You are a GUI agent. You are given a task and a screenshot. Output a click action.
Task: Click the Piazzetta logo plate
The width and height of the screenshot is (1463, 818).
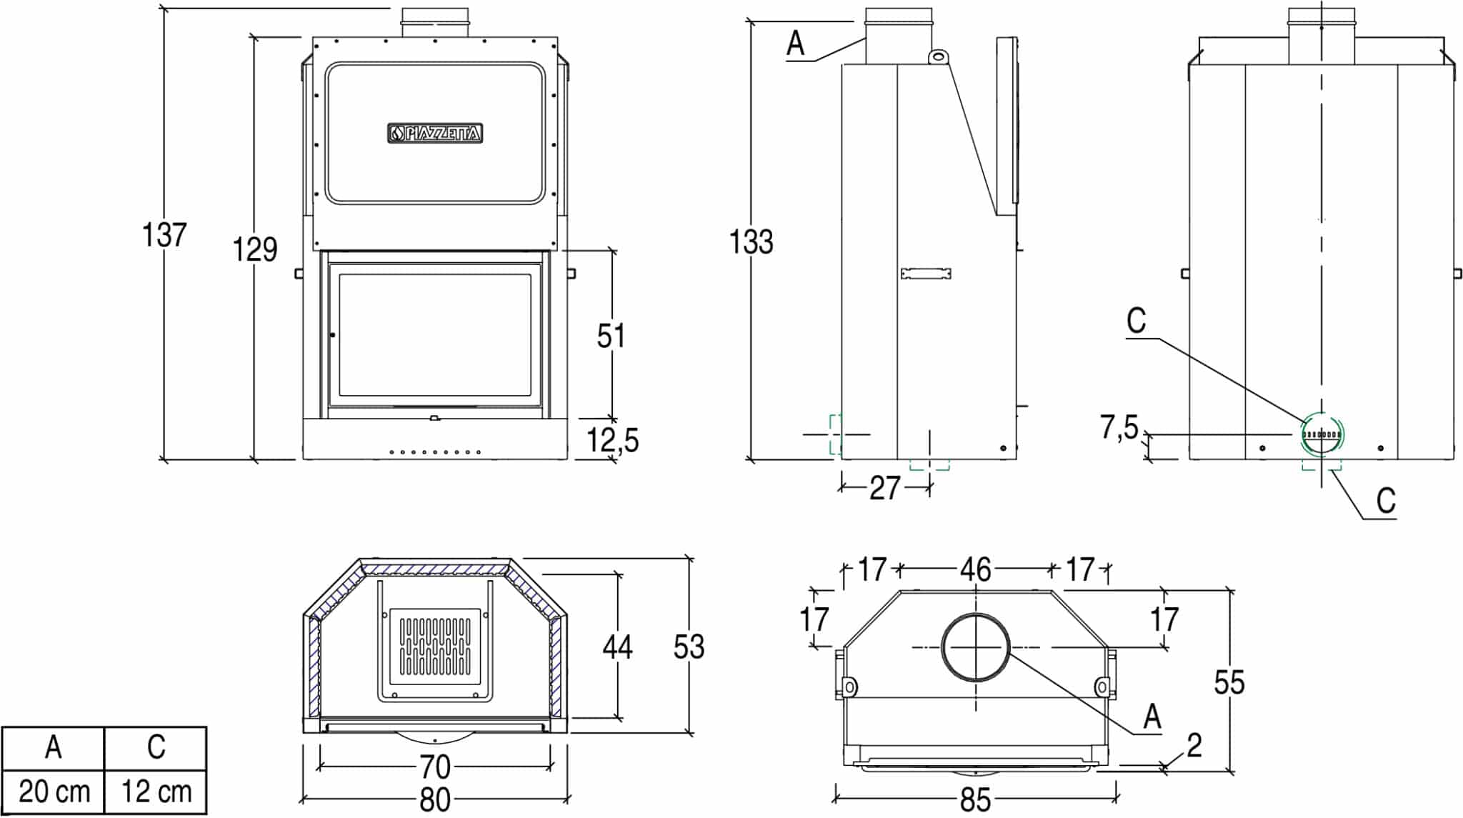pos(435,133)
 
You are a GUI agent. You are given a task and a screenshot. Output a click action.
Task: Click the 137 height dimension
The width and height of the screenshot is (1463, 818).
pos(164,234)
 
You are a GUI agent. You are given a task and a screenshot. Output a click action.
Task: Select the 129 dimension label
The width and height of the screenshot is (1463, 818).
pos(255,249)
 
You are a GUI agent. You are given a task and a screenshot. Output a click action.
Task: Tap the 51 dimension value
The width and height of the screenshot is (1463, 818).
pos(611,336)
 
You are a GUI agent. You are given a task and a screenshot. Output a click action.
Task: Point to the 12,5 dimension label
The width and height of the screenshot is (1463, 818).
pos(613,440)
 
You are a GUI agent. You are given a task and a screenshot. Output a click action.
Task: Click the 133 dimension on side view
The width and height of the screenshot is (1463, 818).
pos(751,241)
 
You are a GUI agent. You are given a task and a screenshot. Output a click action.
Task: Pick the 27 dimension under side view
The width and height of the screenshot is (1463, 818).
pos(885,488)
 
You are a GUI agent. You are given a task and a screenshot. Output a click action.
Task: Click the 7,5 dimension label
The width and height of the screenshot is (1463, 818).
pos(1119,427)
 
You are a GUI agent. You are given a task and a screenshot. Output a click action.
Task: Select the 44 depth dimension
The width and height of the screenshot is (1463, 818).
pos(617,647)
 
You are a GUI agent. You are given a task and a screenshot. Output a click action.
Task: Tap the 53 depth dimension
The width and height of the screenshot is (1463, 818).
pos(689,647)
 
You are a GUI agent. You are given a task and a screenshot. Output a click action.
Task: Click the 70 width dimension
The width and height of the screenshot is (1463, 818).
pos(435,767)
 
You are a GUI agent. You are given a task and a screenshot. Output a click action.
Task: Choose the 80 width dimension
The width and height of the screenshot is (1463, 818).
pos(435,800)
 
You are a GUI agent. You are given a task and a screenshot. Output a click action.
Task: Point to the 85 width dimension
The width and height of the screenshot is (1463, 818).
pos(975,800)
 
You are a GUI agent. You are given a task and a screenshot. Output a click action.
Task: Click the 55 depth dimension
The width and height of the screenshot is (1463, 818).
pos(1229,682)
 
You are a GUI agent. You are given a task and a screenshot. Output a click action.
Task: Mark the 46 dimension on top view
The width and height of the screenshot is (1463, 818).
pos(975,570)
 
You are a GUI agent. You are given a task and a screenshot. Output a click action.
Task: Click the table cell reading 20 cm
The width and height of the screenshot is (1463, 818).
pos(54,792)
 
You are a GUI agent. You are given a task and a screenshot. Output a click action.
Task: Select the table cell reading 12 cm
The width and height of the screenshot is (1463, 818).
pos(156,792)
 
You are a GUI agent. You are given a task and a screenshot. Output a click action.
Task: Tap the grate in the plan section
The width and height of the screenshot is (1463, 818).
pos(435,643)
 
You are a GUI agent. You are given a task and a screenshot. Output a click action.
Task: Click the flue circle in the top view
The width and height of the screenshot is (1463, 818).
pos(976,647)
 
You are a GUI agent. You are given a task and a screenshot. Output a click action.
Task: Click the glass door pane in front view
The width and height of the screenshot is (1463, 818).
pos(435,335)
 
